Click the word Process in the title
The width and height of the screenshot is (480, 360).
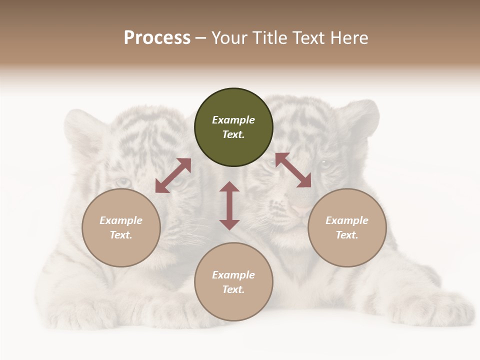pyautogui.click(x=157, y=38)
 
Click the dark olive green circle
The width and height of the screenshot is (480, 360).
pyautogui.click(x=233, y=127)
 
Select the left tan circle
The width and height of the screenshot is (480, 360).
pyautogui.click(x=121, y=227)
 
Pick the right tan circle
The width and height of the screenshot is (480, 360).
pyautogui.click(x=347, y=227)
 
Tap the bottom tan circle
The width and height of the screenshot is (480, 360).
pyautogui.click(x=233, y=282)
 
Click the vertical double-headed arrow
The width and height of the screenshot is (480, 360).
pyautogui.click(x=229, y=205)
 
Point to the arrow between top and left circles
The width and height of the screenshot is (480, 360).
pyautogui.click(x=173, y=175)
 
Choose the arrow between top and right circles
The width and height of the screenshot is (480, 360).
pyautogui.click(x=293, y=170)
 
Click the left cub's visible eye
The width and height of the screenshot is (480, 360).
pyautogui.click(x=121, y=182)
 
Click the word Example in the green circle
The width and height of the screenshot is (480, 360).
pyautogui.click(x=233, y=120)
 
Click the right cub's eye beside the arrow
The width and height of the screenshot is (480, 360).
pyautogui.click(x=325, y=163)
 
